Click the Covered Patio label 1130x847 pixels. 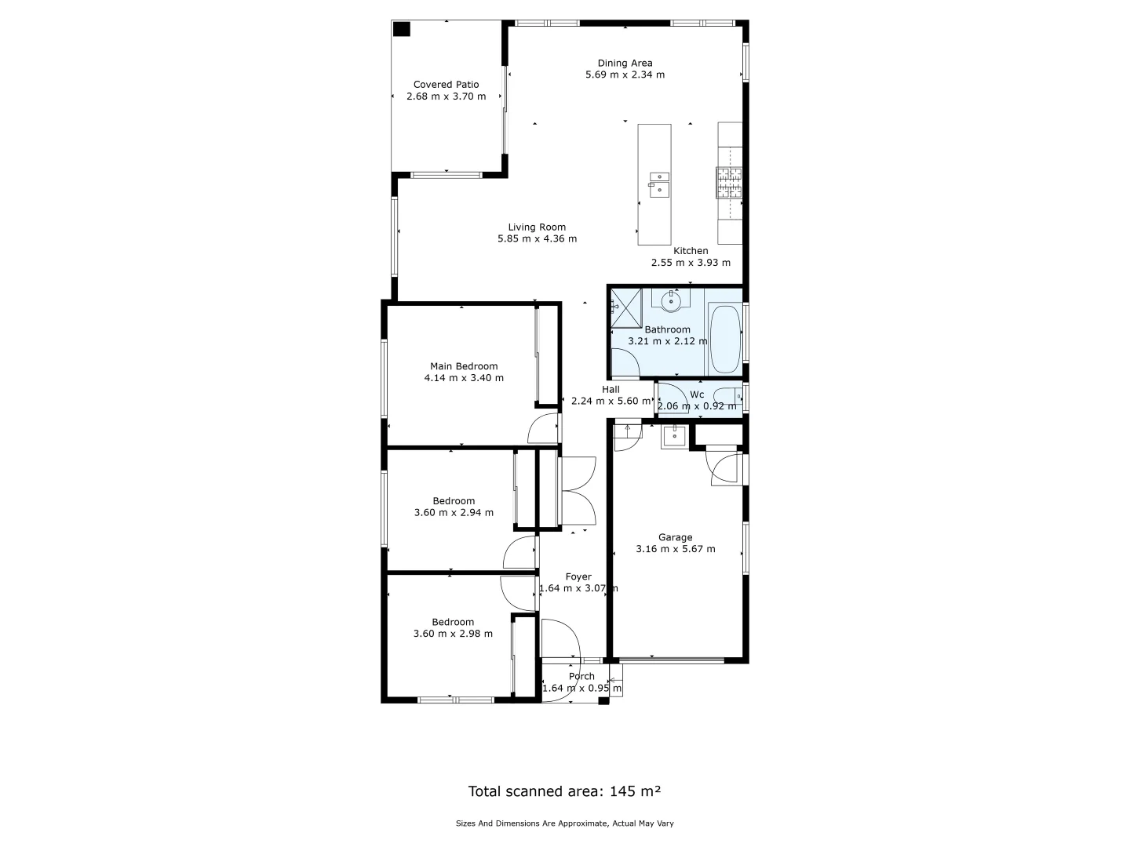[x=446, y=85]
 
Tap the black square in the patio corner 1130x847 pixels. [x=401, y=29]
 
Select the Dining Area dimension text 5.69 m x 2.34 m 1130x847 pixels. [x=625, y=75]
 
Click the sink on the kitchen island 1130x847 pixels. [x=658, y=184]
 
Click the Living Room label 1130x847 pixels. [x=537, y=227]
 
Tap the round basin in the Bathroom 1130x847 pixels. [x=671, y=300]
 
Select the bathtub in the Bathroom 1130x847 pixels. [x=724, y=340]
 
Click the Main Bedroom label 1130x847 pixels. [x=464, y=366]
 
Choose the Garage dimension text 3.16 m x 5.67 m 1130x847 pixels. [x=675, y=549]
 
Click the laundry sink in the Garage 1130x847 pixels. [x=674, y=436]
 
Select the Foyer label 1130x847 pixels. [x=578, y=577]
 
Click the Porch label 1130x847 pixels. [x=581, y=676]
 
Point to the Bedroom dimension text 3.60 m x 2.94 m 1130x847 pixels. [x=454, y=513]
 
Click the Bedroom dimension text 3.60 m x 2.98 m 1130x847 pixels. [x=453, y=634]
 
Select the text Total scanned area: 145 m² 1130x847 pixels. [x=564, y=791]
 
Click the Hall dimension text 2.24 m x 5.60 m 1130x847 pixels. [x=611, y=401]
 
